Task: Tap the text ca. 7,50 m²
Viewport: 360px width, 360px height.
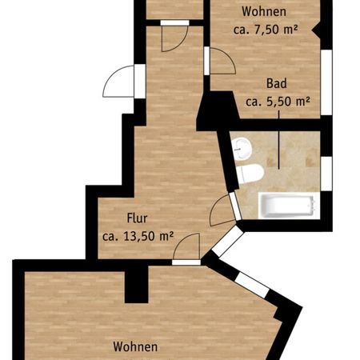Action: pos(266,30)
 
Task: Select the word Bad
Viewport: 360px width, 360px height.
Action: pos(278,83)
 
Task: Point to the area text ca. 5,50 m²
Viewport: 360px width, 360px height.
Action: pos(278,101)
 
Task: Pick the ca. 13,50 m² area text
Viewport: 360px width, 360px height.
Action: pos(138,235)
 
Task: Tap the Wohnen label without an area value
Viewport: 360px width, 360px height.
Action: pos(134,347)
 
